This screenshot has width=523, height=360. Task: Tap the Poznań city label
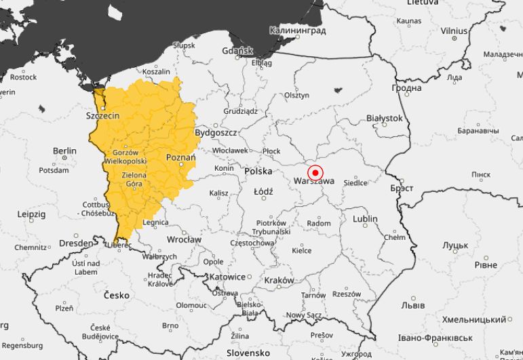tap(180, 157)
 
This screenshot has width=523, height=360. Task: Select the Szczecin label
tap(102, 116)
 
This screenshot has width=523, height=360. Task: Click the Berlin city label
tap(64, 151)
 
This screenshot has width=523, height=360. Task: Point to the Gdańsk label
tap(237, 51)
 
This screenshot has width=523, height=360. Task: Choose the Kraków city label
tap(279, 280)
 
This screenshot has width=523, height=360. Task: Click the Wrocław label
tap(184, 239)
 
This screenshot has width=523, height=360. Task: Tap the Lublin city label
tap(365, 219)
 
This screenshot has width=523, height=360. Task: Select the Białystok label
tap(384, 118)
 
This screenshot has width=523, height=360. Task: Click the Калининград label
tap(297, 31)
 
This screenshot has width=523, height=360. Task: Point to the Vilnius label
tap(454, 31)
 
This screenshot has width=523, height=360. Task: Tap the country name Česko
tap(116, 296)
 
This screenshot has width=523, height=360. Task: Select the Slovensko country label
tap(248, 353)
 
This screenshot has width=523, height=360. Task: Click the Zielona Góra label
tap(134, 179)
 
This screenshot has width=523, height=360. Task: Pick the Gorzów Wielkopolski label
tap(125, 157)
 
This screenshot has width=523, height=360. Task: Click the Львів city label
tap(413, 306)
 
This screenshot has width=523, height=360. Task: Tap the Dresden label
tap(75, 243)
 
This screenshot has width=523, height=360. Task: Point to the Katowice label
tap(227, 277)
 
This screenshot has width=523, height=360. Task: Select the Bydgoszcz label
tap(215, 133)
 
